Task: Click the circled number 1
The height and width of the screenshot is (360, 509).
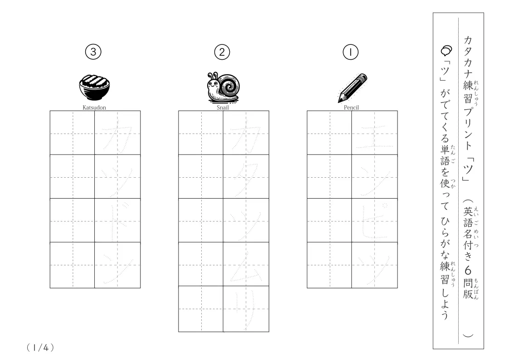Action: [x=350, y=52]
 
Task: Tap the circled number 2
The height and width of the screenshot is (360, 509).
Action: [x=222, y=52]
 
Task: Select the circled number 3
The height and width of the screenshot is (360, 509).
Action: [x=93, y=52]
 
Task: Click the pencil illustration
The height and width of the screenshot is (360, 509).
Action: [x=352, y=88]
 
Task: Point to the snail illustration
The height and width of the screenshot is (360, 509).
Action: [x=223, y=87]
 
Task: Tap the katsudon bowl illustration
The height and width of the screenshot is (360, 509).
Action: [x=94, y=88]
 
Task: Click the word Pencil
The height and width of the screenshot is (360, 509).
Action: [x=351, y=107]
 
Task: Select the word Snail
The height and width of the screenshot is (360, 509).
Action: [x=223, y=107]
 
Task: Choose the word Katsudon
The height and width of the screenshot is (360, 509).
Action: [x=94, y=107]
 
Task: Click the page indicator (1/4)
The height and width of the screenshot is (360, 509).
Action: [x=40, y=348]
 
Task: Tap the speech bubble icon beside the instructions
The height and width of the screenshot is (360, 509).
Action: [x=446, y=51]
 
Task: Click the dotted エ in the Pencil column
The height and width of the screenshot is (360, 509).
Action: [x=374, y=137]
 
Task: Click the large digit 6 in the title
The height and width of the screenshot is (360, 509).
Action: [x=468, y=270]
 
